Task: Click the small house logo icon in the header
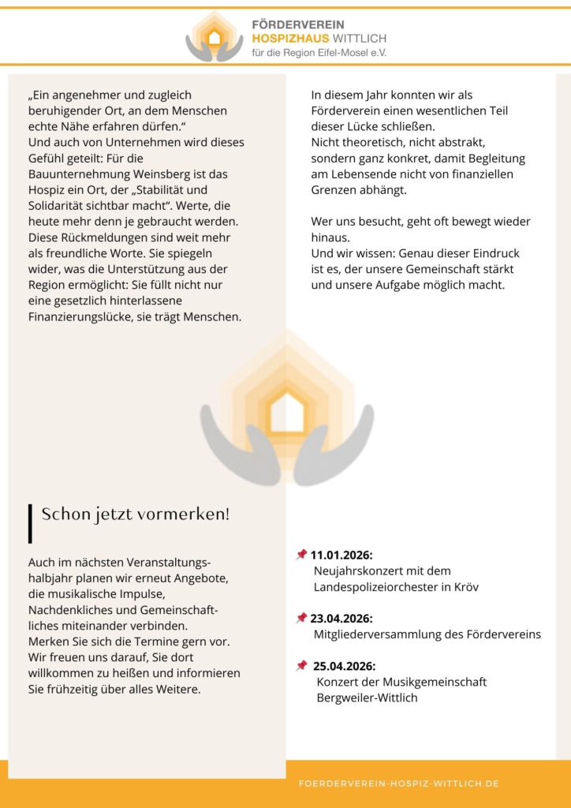pos(215,36)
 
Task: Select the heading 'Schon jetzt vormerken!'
pos(136,514)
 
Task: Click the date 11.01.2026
pos(341,555)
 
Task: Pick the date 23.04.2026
pos(341,619)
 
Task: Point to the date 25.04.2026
pos(344,666)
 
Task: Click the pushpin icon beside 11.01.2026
pos(301,555)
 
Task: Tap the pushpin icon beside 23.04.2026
pos(301,618)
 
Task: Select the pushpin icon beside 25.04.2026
pos(301,666)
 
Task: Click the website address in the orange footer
pos(398,784)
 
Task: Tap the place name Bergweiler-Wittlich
pos(367,698)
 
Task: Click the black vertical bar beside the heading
pos(30,523)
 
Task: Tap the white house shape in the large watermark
pos(286,413)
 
